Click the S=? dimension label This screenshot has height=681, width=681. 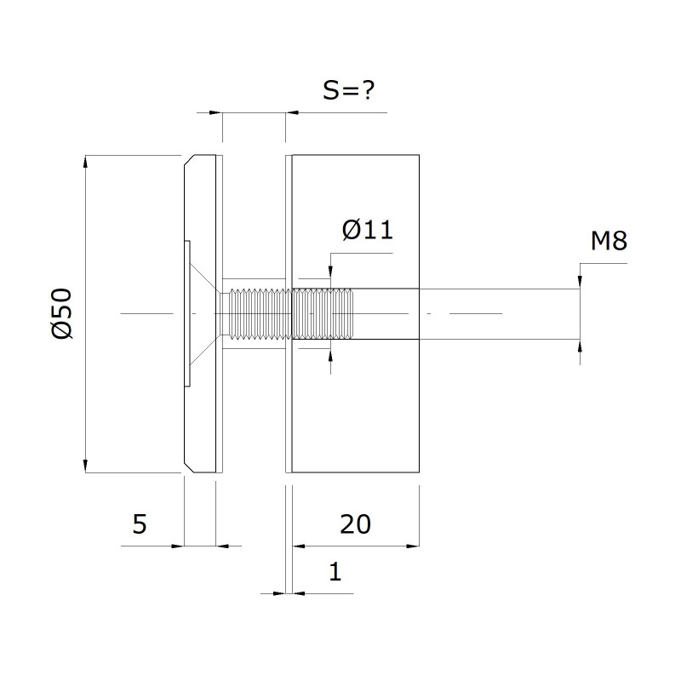348,90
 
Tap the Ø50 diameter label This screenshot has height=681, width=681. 61,313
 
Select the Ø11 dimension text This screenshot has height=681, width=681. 368,230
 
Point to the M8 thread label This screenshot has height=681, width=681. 609,241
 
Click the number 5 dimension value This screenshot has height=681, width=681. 140,524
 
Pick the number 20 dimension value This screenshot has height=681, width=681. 355,524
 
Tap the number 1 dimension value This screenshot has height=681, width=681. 335,571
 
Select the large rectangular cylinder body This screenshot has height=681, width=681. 355,313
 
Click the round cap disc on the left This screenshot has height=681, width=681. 200,313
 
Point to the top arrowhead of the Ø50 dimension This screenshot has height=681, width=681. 85,161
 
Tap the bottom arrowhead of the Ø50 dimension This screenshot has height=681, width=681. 85,466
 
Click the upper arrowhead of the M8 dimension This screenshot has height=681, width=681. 581,282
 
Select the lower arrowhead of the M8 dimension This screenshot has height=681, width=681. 581,346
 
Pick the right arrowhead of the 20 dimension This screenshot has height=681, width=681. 413,546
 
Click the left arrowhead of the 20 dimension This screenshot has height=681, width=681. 299,546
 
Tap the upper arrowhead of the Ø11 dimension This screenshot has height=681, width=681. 330,272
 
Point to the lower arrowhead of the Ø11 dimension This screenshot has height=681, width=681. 330,355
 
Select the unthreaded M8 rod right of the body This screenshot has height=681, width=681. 500,313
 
